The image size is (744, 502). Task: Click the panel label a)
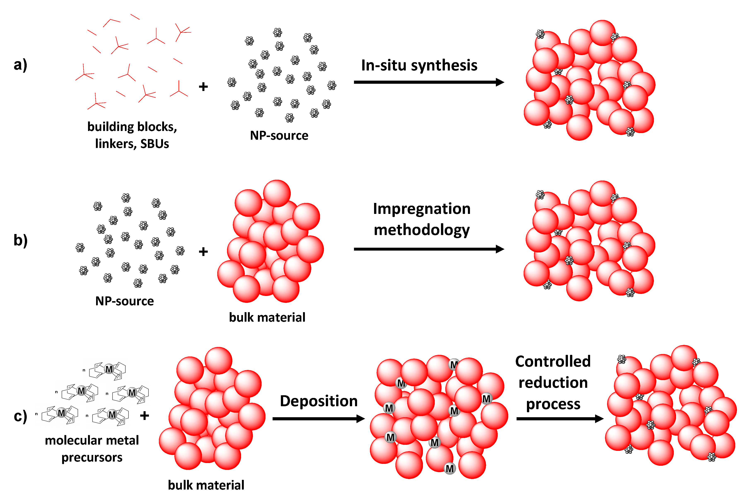tap(20, 65)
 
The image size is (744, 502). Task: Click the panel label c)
tap(20, 416)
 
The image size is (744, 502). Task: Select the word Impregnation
tap(422, 209)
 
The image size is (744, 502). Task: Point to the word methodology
tap(422, 230)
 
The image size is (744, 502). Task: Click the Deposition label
tap(319, 401)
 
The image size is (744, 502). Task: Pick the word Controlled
tap(553, 361)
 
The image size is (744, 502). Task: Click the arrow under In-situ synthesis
tap(429, 82)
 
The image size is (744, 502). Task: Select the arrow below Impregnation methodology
tap(429, 249)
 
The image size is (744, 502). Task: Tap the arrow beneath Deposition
tap(318, 418)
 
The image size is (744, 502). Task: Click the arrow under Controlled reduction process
tap(560, 418)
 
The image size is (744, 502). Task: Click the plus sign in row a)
tap(203, 87)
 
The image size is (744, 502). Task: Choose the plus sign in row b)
tap(203, 252)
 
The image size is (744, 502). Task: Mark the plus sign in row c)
tap(145, 416)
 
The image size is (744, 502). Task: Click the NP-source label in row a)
tap(279, 135)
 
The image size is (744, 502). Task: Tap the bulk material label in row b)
tap(267, 317)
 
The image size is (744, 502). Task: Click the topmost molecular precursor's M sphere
tap(109, 369)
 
